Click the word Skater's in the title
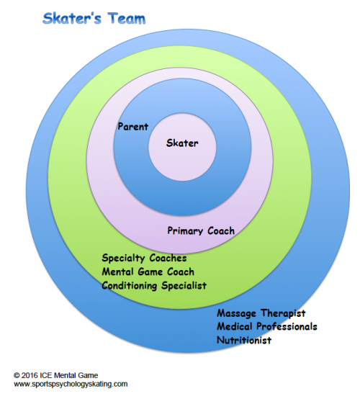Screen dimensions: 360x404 click(72, 19)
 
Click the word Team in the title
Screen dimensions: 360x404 click(127, 19)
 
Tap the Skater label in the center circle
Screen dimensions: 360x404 click(182, 143)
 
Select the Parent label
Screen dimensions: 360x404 click(133, 127)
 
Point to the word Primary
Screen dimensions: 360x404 click(184, 231)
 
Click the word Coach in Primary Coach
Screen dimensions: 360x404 click(221, 230)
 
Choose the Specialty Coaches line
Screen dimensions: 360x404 click(144, 258)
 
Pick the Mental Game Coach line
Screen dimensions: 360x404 click(148, 271)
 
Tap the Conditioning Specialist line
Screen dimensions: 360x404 click(154, 286)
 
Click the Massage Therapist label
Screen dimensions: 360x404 click(261, 313)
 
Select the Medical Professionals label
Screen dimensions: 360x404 click(267, 326)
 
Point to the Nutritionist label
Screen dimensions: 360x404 click(244, 340)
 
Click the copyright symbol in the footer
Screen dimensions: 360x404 click(17, 375)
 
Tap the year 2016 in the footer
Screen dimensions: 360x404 click(30, 375)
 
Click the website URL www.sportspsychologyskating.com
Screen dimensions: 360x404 click(71, 384)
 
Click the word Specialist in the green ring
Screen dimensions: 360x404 click(184, 286)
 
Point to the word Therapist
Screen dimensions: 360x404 click(283, 313)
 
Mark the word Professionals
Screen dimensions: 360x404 click(287, 326)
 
